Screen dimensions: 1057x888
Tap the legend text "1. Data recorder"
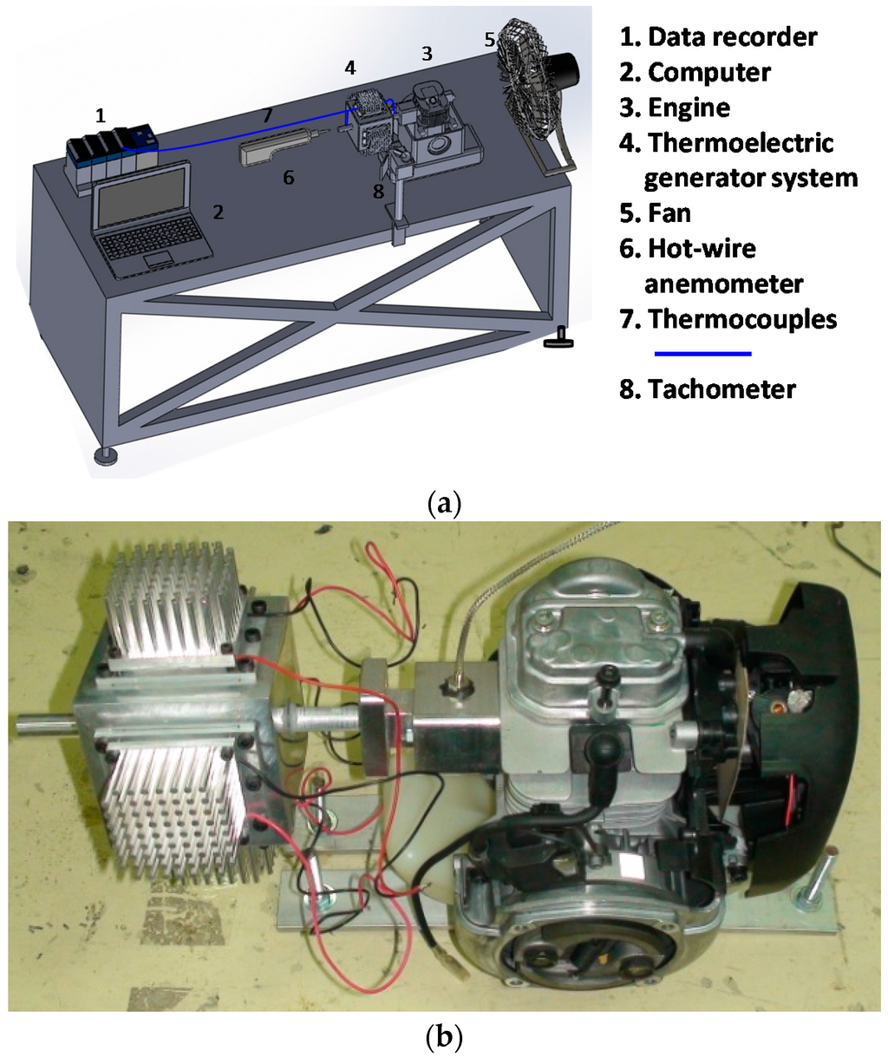tap(718, 37)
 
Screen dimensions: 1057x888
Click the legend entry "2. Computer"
tap(695, 73)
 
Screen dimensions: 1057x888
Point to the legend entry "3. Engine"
tap(675, 108)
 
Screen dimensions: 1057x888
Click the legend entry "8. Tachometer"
tap(707, 389)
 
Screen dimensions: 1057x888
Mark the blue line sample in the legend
tap(702, 354)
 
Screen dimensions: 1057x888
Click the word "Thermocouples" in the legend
tap(742, 319)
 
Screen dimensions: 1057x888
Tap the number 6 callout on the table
tap(288, 178)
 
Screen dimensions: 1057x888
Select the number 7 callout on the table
tap(267, 115)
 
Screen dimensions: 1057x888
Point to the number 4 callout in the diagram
tap(349, 67)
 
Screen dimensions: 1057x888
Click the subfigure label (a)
tap(444, 503)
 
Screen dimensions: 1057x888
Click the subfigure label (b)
tap(444, 1036)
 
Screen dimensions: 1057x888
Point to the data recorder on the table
tap(111, 149)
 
